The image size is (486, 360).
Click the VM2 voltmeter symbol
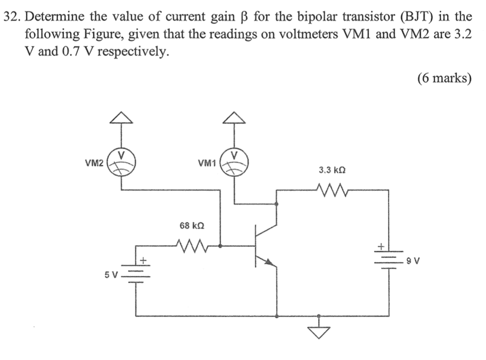[x=122, y=161]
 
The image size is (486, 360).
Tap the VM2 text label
[x=94, y=162]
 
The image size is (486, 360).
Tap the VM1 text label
[x=206, y=162]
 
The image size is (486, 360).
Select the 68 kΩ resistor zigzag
[x=191, y=246]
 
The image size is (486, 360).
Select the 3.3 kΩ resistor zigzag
[x=332, y=189]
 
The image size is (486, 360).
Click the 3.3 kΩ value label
[x=332, y=170]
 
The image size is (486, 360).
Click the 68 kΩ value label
[x=191, y=226]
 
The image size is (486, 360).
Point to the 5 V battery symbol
[x=136, y=274]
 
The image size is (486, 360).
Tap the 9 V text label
[x=412, y=261]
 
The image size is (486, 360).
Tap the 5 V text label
[x=111, y=275]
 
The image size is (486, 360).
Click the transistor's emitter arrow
[x=271, y=262]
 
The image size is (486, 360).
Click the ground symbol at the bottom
[x=319, y=329]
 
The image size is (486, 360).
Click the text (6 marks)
[x=444, y=78]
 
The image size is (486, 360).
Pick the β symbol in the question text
[x=245, y=16]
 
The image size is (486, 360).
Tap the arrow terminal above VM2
[x=122, y=118]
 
